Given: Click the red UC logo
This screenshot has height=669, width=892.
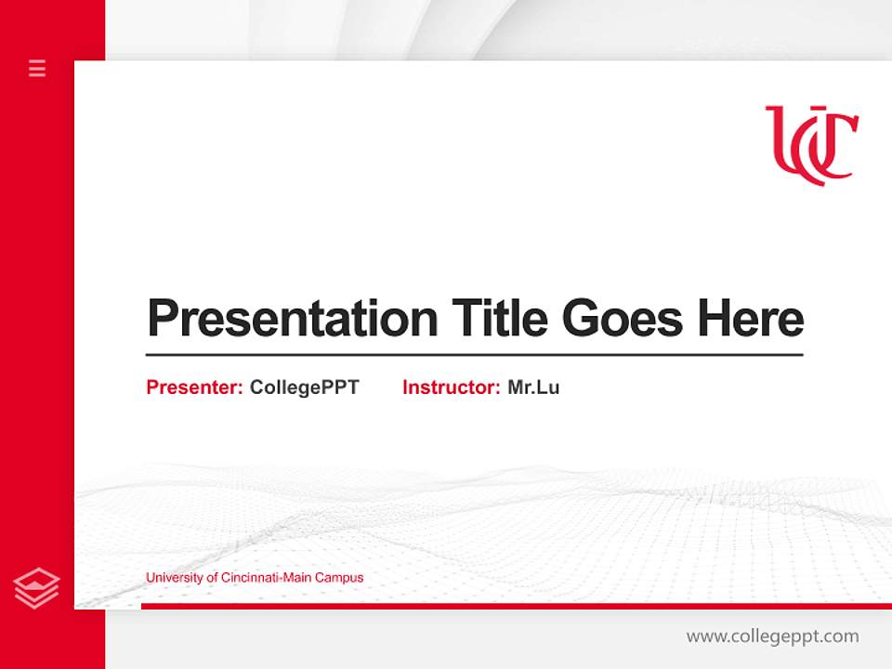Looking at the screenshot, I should (811, 145).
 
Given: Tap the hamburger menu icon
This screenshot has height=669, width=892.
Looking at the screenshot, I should (37, 68).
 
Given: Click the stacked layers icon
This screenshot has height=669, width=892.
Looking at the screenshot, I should (36, 588).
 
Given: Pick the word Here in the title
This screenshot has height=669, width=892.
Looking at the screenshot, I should (751, 318).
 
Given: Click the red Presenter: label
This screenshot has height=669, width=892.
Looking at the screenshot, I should (194, 387).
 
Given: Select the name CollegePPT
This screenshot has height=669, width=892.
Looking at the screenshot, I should (304, 387).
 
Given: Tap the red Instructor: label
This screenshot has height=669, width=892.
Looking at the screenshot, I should (451, 387).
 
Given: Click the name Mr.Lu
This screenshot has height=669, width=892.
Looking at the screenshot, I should (533, 387).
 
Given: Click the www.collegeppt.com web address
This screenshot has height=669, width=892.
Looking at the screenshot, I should (772, 636).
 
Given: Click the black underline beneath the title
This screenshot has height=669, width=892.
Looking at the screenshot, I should (474, 355).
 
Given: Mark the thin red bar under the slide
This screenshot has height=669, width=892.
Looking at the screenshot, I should (516, 606).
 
